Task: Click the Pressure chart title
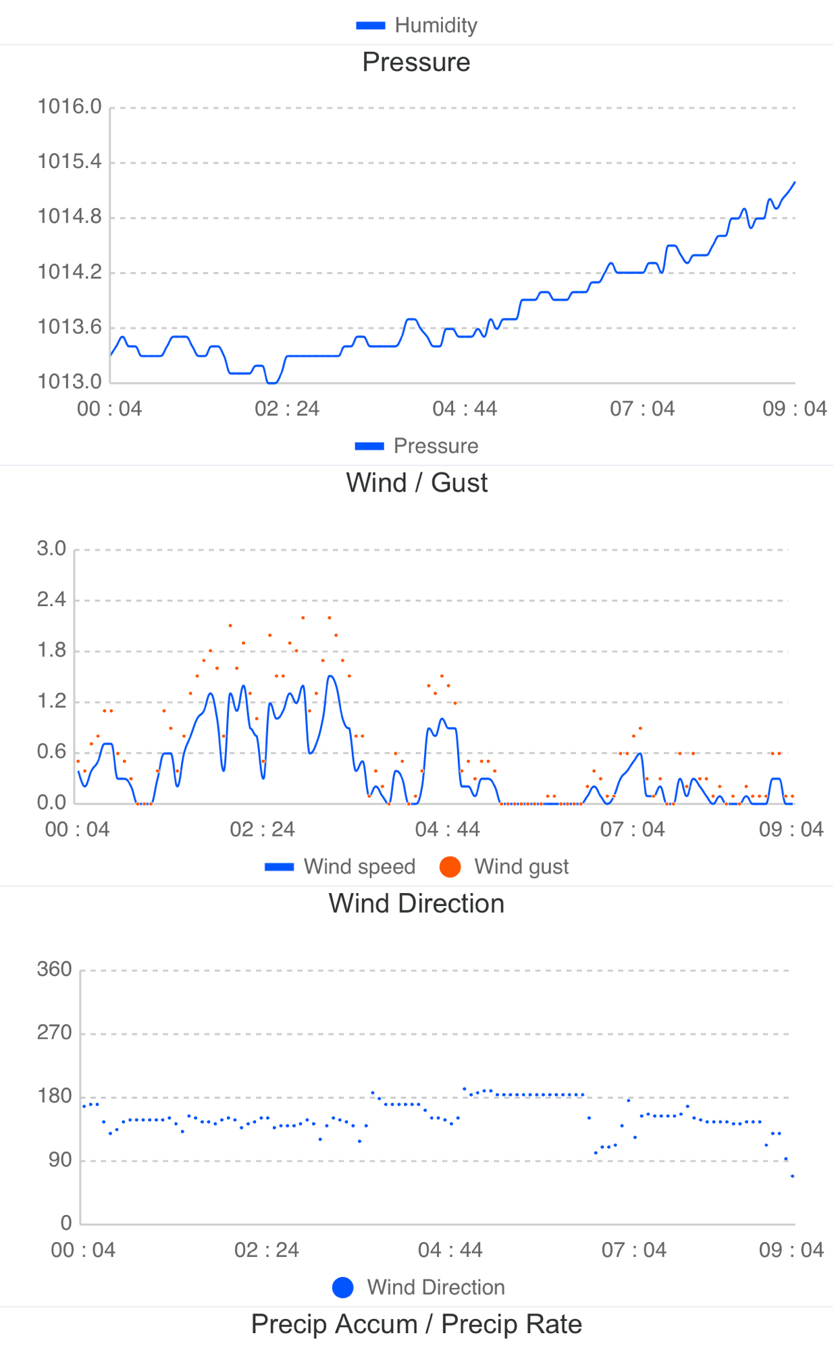click(x=416, y=62)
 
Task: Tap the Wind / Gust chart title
click(x=417, y=483)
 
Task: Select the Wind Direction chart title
click(x=417, y=903)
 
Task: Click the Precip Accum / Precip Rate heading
click(x=417, y=1324)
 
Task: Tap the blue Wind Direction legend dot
click(x=343, y=1287)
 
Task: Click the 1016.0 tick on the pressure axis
click(x=70, y=107)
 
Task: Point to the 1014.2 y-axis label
click(x=70, y=272)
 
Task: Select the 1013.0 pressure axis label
click(x=70, y=382)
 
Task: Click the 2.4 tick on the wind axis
click(x=51, y=599)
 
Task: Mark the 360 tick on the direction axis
click(x=54, y=969)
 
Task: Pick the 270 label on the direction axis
click(x=54, y=1033)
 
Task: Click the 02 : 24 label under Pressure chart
click(x=287, y=409)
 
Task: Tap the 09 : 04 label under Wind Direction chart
click(x=791, y=1250)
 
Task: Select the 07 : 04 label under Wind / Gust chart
click(x=633, y=830)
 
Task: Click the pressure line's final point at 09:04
click(x=795, y=182)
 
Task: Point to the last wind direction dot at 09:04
click(x=793, y=1176)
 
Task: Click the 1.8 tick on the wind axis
click(x=51, y=650)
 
